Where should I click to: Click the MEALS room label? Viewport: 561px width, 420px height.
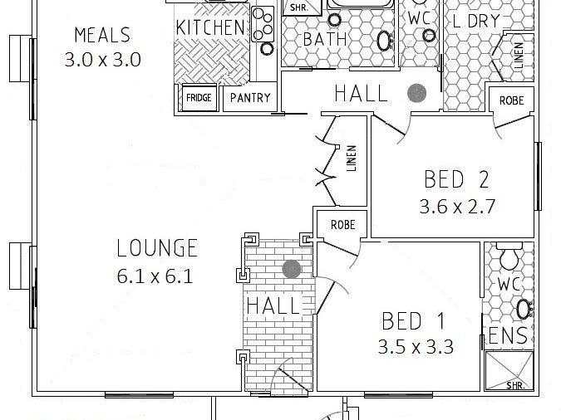pyautogui.click(x=102, y=35)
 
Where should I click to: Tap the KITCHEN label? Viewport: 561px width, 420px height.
pyautogui.click(x=211, y=27)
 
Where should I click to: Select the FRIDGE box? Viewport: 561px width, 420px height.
pyautogui.click(x=199, y=98)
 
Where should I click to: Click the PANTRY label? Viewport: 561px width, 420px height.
pyautogui.click(x=249, y=98)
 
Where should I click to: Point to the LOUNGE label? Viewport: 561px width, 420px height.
pyautogui.click(x=157, y=247)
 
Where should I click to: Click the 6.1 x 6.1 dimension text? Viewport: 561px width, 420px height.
pyautogui.click(x=155, y=276)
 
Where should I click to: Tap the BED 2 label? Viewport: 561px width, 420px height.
pyautogui.click(x=456, y=178)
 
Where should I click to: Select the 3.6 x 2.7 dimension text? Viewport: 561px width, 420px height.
pyautogui.click(x=459, y=205)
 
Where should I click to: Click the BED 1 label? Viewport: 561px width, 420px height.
pyautogui.click(x=414, y=320)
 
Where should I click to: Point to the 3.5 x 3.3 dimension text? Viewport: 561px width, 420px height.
pyautogui.click(x=416, y=347)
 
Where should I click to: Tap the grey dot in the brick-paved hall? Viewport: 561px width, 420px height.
pyautogui.click(x=291, y=269)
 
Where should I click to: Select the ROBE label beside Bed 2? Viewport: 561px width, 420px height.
pyautogui.click(x=511, y=100)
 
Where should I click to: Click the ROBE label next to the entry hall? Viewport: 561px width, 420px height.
pyautogui.click(x=342, y=224)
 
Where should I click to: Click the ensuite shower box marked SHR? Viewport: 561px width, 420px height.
pyautogui.click(x=509, y=370)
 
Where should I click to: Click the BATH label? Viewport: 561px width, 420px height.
pyautogui.click(x=319, y=40)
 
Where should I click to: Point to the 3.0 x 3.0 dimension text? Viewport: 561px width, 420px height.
pyautogui.click(x=102, y=59)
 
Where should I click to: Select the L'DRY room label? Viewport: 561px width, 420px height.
pyautogui.click(x=476, y=22)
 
